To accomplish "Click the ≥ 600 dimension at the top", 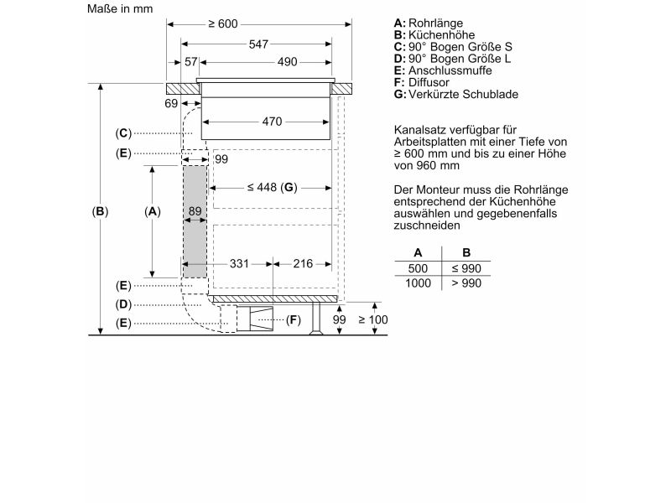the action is [222, 23].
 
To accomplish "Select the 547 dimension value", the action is [258, 44].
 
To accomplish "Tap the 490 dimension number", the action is [287, 62].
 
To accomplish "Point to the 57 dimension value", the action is [191, 62].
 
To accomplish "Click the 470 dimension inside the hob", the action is [272, 122].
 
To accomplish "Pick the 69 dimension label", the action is [171, 103].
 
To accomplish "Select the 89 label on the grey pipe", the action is [195, 211].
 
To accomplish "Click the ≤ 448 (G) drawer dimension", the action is [272, 187].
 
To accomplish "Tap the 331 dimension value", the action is [239, 263].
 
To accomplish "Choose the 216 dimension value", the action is [303, 263].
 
